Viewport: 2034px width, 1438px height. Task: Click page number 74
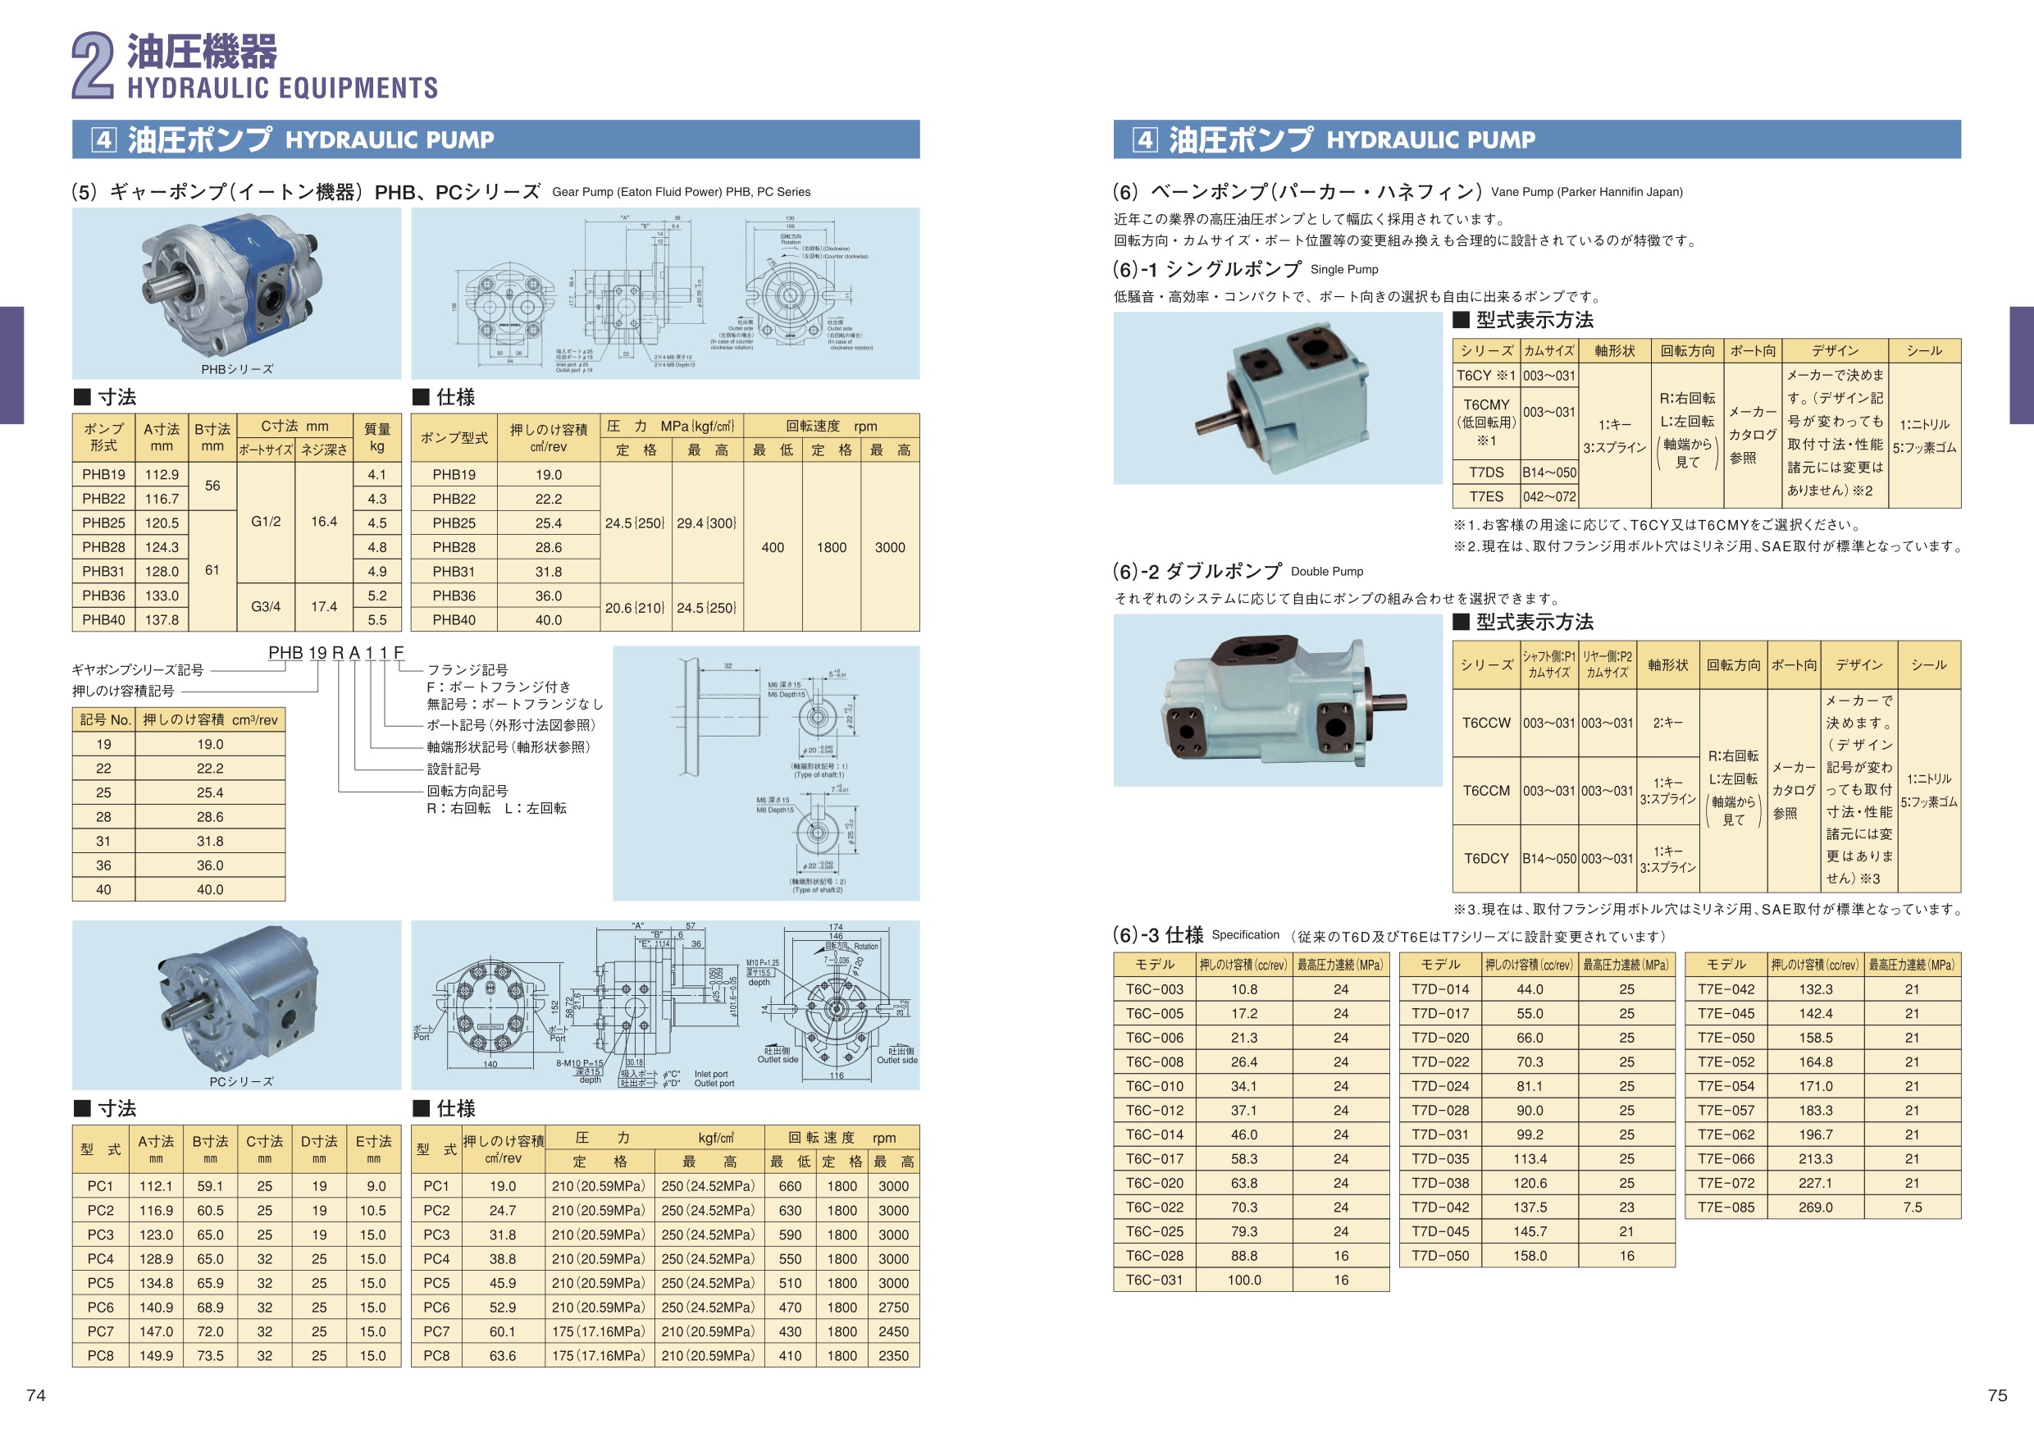pyautogui.click(x=36, y=1395)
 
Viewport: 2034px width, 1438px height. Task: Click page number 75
pyautogui.click(x=1997, y=1395)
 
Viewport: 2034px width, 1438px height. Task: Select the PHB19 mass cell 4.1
pyautogui.click(x=376, y=475)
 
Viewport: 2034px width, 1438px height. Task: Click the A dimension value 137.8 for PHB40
pyautogui.click(x=162, y=620)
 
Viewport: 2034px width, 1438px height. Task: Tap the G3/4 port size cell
pyautogui.click(x=266, y=607)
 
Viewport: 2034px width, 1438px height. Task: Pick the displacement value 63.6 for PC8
pyautogui.click(x=502, y=1356)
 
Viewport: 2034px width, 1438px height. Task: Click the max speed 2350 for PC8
pyautogui.click(x=893, y=1356)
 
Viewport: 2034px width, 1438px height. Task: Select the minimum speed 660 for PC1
pyautogui.click(x=789, y=1186)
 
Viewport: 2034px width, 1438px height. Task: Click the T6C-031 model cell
pyautogui.click(x=1154, y=1281)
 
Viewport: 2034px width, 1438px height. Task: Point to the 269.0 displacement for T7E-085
pyautogui.click(x=1815, y=1207)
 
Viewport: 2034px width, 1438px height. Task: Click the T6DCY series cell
pyautogui.click(x=1485, y=859)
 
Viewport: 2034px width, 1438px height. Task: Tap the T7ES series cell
pyautogui.click(x=1485, y=497)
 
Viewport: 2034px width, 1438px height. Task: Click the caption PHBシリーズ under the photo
pyautogui.click(x=236, y=369)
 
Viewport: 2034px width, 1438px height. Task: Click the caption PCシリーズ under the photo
pyautogui.click(x=241, y=1082)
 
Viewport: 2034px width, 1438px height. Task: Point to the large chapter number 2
pyautogui.click(x=93, y=66)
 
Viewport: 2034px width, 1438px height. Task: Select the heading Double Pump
pyautogui.click(x=1326, y=572)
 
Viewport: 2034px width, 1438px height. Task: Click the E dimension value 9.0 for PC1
pyautogui.click(x=376, y=1186)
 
